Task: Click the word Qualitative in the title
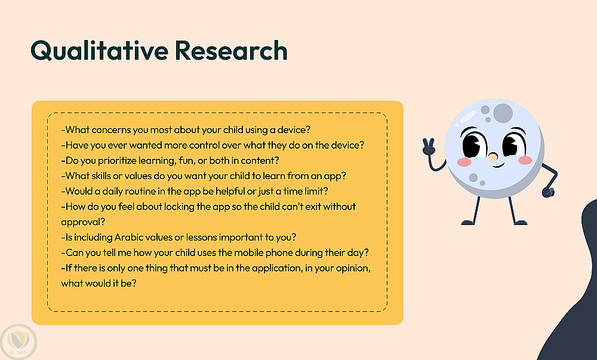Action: pyautogui.click(x=99, y=51)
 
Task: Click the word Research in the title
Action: pyautogui.click(x=231, y=51)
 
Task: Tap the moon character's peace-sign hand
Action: pyautogui.click(x=429, y=146)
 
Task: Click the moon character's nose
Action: pyautogui.click(x=493, y=157)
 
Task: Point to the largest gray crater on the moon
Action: pyautogui.click(x=503, y=113)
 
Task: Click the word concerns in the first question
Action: pyautogui.click(x=111, y=130)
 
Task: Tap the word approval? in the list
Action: pyautogui.click(x=83, y=222)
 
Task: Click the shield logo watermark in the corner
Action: pyautogui.click(x=19, y=341)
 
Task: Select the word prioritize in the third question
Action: pyautogui.click(x=117, y=161)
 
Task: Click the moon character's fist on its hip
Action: pyautogui.click(x=548, y=192)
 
